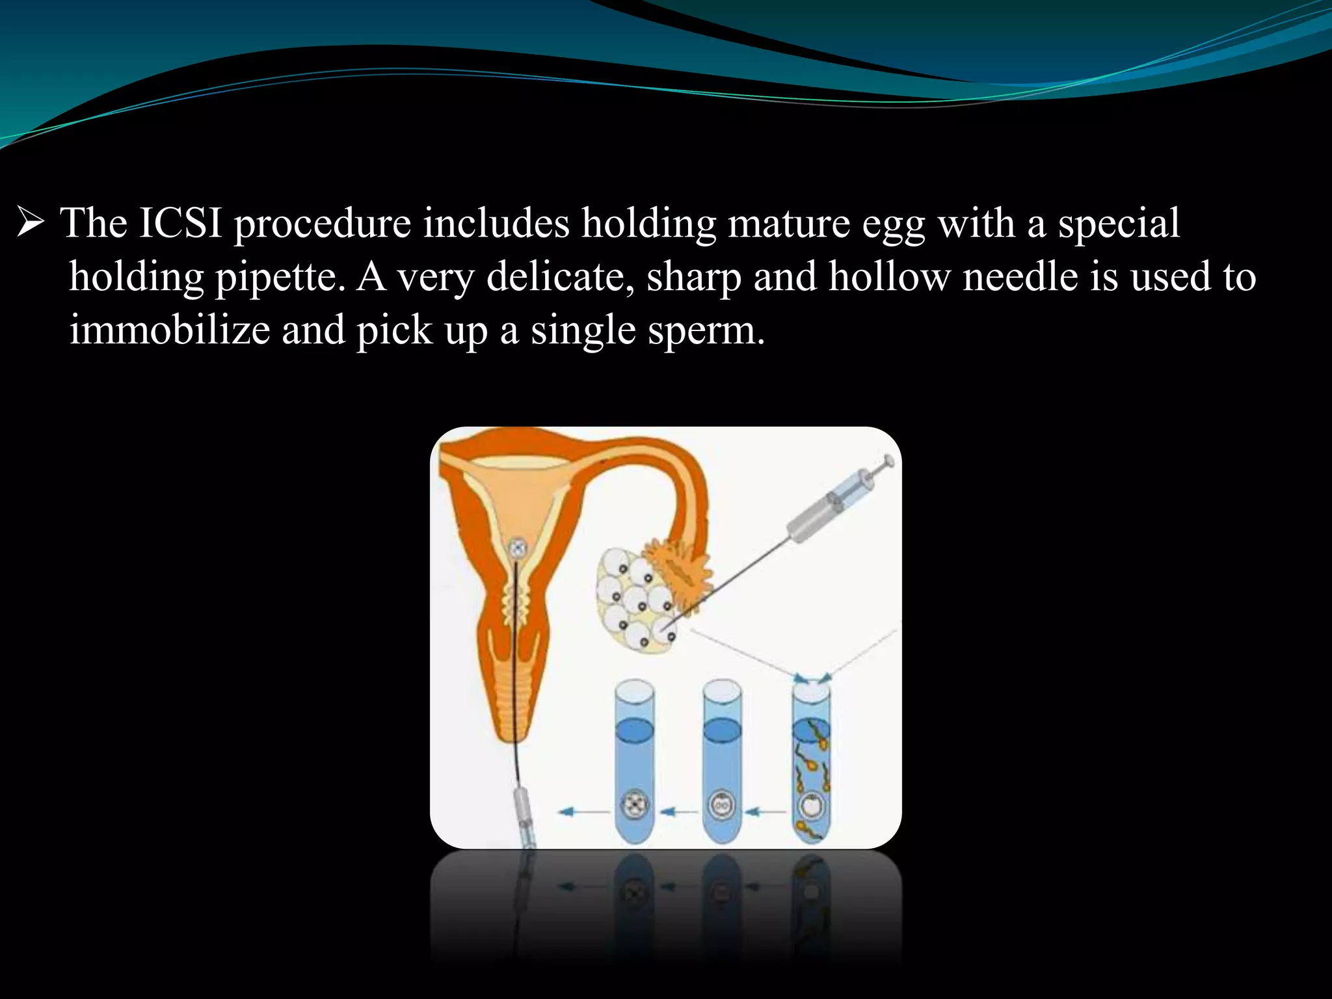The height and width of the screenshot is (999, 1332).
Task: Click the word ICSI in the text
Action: pyautogui.click(x=180, y=223)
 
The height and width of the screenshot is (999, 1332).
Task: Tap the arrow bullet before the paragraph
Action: pyautogui.click(x=30, y=223)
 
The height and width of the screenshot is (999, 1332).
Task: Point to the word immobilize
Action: pyautogui.click(x=169, y=330)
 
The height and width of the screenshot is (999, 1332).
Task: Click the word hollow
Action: pyautogui.click(x=889, y=276)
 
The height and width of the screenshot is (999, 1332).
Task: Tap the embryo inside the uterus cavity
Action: pyautogui.click(x=517, y=548)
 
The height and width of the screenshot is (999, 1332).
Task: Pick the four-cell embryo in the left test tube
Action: pyautogui.click(x=633, y=806)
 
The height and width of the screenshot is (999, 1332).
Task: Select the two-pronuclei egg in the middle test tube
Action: pyautogui.click(x=721, y=807)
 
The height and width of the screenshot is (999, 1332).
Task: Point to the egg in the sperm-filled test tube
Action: pyautogui.click(x=810, y=806)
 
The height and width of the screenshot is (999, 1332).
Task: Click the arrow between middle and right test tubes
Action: pyautogui.click(x=766, y=811)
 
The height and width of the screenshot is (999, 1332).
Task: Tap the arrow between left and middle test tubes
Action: pyautogui.click(x=677, y=811)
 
